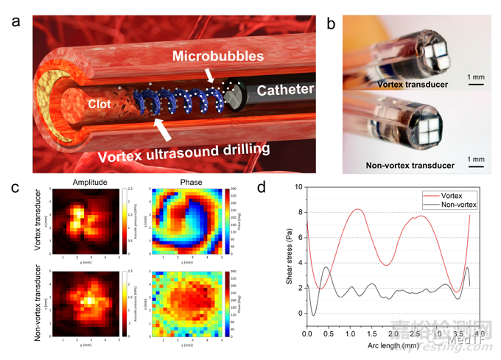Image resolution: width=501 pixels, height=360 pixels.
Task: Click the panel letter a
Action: [x=15, y=23]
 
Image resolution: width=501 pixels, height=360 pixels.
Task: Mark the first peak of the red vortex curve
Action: [x=357, y=210]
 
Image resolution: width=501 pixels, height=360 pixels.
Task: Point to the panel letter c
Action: [x=14, y=186]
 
